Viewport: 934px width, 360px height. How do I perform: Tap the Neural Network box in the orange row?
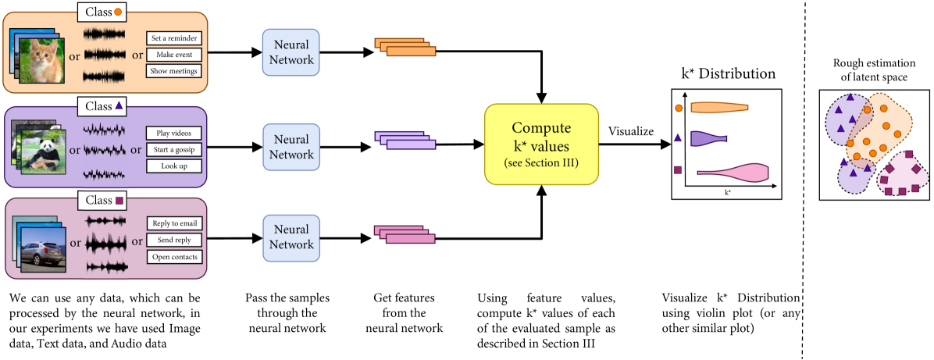point(291,52)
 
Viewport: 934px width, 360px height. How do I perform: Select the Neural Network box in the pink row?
point(291,237)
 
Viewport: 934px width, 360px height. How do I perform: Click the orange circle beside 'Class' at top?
point(118,12)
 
